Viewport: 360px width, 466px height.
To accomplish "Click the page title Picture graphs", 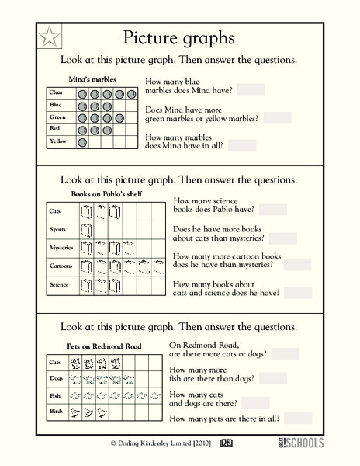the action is [x=179, y=37].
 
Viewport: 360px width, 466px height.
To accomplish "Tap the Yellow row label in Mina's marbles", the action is [x=57, y=142].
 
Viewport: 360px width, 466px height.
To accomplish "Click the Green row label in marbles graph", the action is [x=57, y=117].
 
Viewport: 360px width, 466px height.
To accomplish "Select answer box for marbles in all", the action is [x=242, y=145].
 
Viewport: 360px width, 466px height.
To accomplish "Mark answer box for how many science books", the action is [x=273, y=210].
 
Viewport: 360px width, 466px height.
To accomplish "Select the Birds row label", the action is [x=56, y=412].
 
